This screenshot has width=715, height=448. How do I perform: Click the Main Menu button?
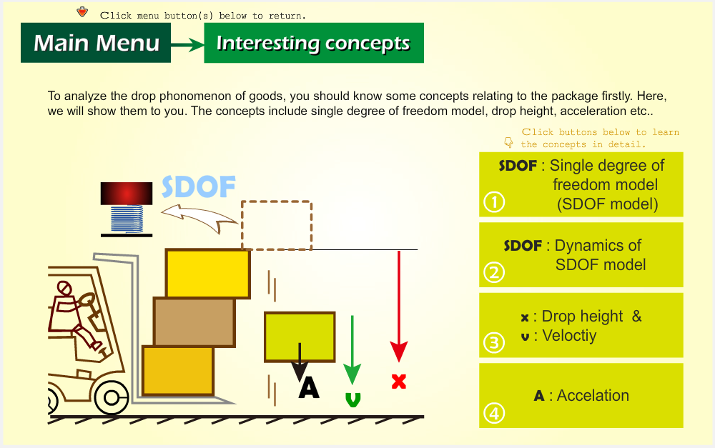coord(96,43)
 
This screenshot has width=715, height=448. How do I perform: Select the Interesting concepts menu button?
coord(314,43)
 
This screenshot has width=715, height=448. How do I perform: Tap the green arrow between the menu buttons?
coord(187,45)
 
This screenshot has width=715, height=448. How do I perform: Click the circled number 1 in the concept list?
coord(494,202)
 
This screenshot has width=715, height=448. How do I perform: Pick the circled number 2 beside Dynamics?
coord(494,272)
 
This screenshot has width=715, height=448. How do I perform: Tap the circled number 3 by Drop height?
coord(494,343)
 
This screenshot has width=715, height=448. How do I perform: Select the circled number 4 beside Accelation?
coord(494,414)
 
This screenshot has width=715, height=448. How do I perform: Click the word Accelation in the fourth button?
coord(593,396)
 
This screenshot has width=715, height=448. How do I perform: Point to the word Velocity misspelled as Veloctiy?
coord(569,336)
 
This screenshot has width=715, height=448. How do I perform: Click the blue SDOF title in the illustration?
coord(199,187)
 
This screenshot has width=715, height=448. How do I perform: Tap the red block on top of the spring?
coord(127,193)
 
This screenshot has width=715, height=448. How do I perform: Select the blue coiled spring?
coord(127,219)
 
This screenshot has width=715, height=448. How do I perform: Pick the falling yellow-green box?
coord(300,337)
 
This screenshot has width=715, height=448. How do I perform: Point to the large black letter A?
coord(309,388)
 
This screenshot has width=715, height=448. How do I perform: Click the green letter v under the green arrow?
coord(353,399)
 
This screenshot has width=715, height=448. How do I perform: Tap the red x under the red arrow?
coord(399,381)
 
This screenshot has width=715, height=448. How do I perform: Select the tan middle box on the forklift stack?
coord(194,322)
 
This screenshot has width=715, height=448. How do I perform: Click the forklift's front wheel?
coord(112,398)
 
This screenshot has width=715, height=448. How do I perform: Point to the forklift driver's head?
coord(64,288)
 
